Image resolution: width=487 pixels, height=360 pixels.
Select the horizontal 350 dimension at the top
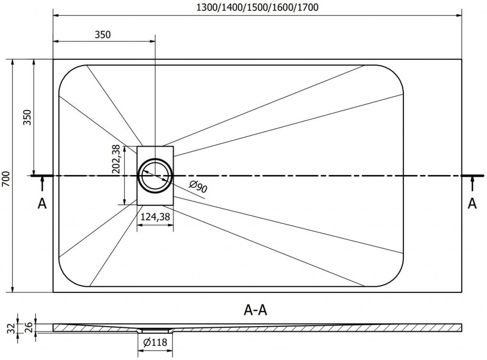coord(102,34)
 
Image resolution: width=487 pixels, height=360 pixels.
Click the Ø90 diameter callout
coord(198,188)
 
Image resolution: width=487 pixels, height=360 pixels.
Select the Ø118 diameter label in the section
coord(155,341)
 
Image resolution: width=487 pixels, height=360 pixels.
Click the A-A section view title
coord(255,311)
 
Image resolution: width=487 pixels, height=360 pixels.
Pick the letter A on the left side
coord(42,204)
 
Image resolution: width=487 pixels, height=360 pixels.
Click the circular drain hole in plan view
coord(155,175)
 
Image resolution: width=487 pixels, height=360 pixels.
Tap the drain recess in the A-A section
coord(155,330)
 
